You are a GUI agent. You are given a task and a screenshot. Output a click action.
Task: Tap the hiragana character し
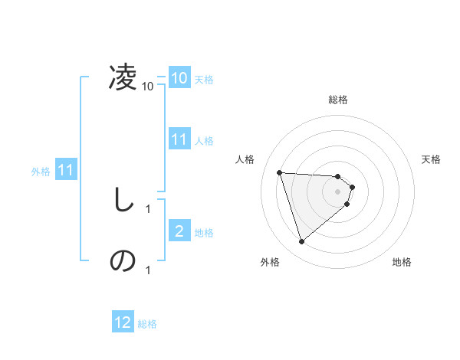(x=123, y=200)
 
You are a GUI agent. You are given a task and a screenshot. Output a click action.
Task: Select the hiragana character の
(x=123, y=261)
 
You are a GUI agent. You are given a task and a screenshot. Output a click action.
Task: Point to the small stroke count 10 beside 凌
(x=148, y=87)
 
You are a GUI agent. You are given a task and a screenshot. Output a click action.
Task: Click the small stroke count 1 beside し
(x=148, y=208)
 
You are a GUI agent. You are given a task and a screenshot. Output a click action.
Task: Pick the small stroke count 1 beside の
(x=148, y=270)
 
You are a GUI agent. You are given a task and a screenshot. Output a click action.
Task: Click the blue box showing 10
(x=179, y=78)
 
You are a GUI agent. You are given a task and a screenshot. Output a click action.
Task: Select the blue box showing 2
(x=179, y=231)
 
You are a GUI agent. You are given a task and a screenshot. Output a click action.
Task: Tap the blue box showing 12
(x=123, y=323)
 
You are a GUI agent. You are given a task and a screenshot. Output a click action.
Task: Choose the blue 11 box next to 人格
(x=179, y=139)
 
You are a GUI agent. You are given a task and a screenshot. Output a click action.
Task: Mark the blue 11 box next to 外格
(x=65, y=170)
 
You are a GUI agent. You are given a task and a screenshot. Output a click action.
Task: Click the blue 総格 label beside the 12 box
(x=147, y=324)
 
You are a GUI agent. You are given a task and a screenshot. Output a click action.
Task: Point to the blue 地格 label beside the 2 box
(x=204, y=232)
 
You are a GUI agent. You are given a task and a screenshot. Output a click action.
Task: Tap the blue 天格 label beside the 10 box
(x=204, y=79)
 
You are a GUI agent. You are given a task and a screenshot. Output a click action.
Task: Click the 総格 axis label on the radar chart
(x=338, y=100)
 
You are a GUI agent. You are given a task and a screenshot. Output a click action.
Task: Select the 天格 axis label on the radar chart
(x=432, y=159)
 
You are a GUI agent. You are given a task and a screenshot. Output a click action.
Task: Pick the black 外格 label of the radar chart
(x=270, y=262)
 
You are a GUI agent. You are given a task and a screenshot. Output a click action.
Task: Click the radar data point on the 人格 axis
(x=280, y=172)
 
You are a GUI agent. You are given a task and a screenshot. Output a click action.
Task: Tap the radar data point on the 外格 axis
(x=302, y=242)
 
